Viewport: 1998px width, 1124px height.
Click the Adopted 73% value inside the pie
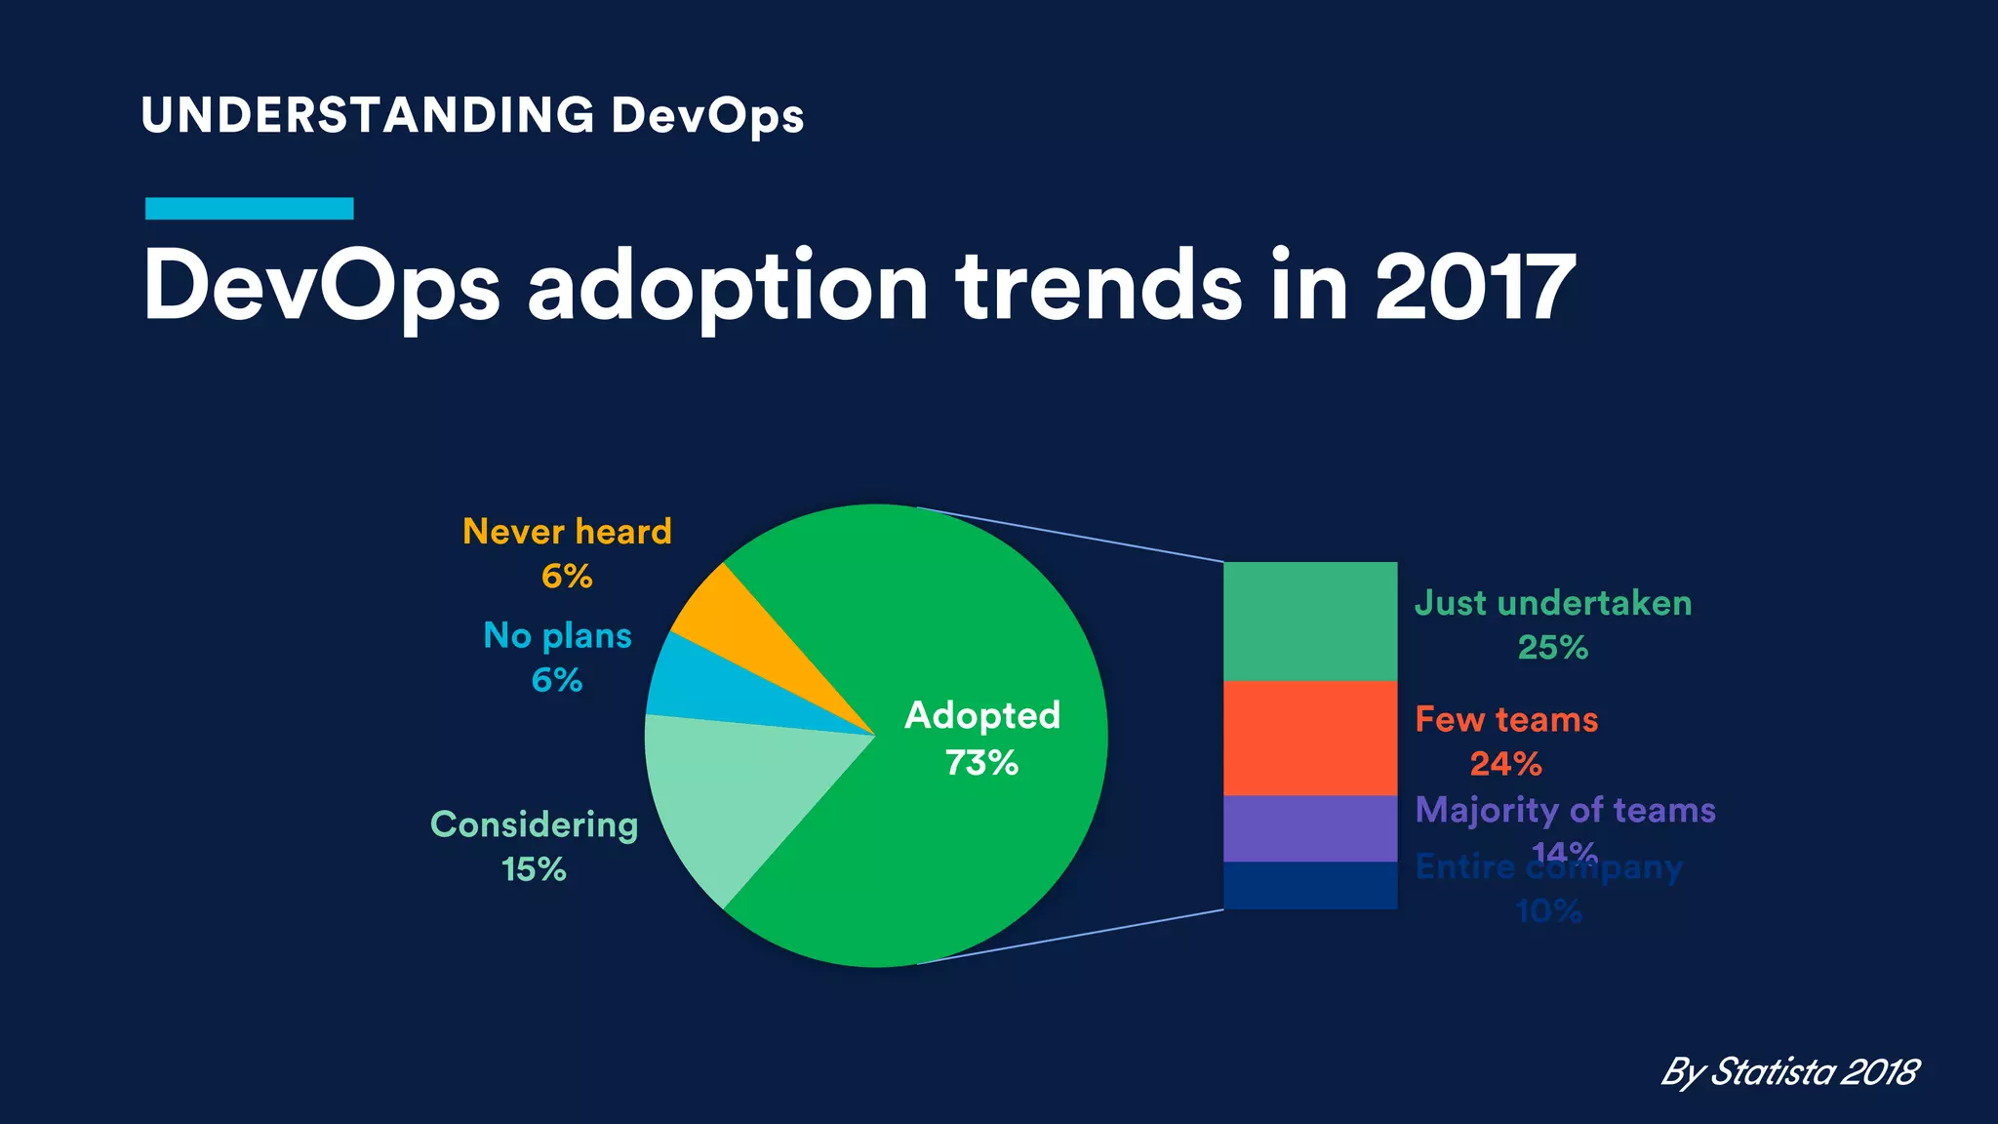pyautogui.click(x=981, y=762)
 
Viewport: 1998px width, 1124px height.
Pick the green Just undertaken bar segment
pyautogui.click(x=1310, y=622)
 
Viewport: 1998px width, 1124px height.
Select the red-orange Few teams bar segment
pyautogui.click(x=1310, y=738)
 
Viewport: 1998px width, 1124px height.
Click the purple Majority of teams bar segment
pyautogui.click(x=1310, y=828)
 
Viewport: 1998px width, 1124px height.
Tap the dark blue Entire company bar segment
pyautogui.click(x=1310, y=885)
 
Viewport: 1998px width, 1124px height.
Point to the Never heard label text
pyautogui.click(x=567, y=532)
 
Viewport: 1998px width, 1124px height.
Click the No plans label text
pyautogui.click(x=557, y=636)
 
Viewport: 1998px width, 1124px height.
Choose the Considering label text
pyautogui.click(x=534, y=824)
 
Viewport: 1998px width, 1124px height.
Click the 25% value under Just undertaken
pyautogui.click(x=1552, y=647)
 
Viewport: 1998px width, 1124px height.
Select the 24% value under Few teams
pyautogui.click(x=1505, y=763)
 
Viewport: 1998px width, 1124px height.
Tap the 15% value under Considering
pyautogui.click(x=534, y=868)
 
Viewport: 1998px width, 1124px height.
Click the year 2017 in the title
pyautogui.click(x=1474, y=287)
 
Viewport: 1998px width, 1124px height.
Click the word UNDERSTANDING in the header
pyautogui.click(x=368, y=115)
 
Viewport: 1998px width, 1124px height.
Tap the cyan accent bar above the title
pyautogui.click(x=249, y=208)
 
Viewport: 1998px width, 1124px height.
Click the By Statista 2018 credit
pyautogui.click(x=1789, y=1071)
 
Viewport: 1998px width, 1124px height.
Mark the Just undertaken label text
pyautogui.click(x=1553, y=603)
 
